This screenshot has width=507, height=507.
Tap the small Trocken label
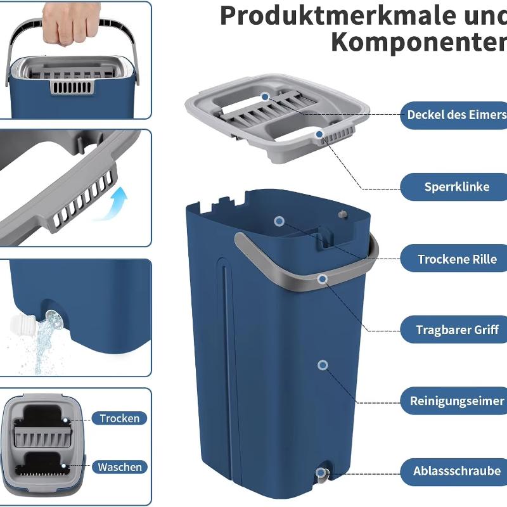pyautogui.click(x=119, y=418)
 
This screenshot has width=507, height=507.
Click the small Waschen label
pyautogui.click(x=120, y=467)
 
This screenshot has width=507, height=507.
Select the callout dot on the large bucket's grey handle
pyautogui.click(x=323, y=278)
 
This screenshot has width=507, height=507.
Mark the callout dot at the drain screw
pyautogui.click(x=321, y=472)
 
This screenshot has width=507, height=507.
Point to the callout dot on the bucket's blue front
pyautogui.click(x=323, y=365)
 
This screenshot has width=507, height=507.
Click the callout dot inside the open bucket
pyautogui.click(x=278, y=221)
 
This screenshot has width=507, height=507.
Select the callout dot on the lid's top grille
pyautogui.click(x=265, y=96)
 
